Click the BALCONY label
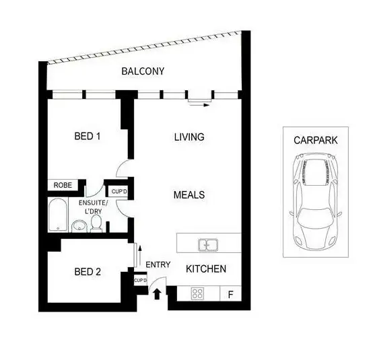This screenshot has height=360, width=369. [x=142, y=71]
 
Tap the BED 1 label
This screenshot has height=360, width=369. [x=87, y=137]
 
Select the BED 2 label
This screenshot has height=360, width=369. [x=88, y=272]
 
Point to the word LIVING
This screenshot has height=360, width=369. [x=189, y=137]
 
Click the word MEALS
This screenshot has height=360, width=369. [x=189, y=195]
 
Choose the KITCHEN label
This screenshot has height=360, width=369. [x=205, y=268]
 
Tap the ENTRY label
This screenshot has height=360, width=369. [x=158, y=264]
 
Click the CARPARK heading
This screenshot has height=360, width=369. [x=315, y=141]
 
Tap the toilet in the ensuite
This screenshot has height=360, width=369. [x=96, y=223]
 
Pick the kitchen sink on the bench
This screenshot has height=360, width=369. [x=206, y=244]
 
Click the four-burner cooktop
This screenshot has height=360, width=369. [x=199, y=293]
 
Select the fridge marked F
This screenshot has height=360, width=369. [x=230, y=294]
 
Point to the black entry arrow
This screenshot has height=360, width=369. [x=158, y=293]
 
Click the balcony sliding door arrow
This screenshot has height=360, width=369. [x=199, y=104]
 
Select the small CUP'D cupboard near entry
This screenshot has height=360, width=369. [x=140, y=280]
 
